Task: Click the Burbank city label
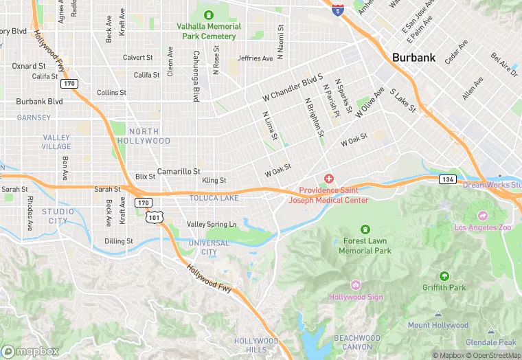tap(413, 58)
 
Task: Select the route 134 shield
tap(448, 179)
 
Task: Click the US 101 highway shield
tap(155, 218)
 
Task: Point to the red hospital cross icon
tap(329, 179)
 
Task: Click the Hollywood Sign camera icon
tap(355, 285)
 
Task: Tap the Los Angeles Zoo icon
tap(482, 215)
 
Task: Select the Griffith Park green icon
tap(444, 275)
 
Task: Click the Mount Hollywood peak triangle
tap(438, 314)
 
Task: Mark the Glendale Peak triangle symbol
tap(490, 330)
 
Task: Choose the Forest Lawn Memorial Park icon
tap(365, 229)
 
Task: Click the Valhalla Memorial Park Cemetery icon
tap(208, 14)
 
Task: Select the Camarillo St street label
tap(179, 171)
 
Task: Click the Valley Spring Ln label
tap(212, 224)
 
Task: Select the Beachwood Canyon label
tap(357, 342)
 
